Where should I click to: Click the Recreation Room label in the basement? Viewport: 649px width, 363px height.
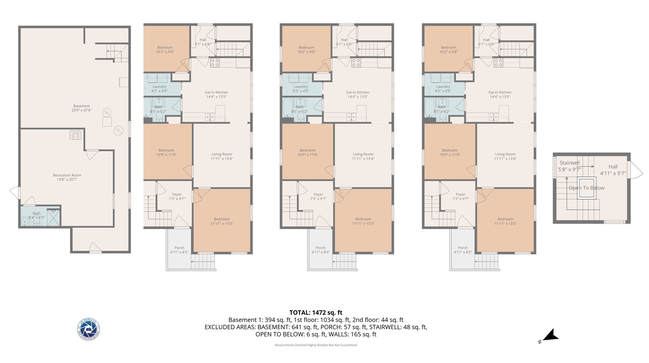[x=67, y=177]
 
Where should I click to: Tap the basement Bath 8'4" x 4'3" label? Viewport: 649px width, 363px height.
[x=36, y=215]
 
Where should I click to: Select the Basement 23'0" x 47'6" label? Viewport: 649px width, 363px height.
[x=81, y=108]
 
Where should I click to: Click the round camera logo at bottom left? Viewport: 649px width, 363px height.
[x=89, y=329]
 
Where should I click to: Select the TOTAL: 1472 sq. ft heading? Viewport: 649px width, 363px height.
[x=316, y=313]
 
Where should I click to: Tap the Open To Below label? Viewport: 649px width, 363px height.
[x=586, y=188]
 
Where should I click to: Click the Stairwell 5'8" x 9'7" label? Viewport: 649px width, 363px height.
[x=569, y=166]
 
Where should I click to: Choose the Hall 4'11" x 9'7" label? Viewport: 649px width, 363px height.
[x=613, y=170]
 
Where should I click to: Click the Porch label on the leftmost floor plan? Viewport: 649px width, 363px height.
[x=179, y=250]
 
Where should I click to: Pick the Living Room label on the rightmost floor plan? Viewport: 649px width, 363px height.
[x=505, y=156]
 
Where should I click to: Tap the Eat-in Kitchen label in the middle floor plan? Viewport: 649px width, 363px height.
[x=357, y=94]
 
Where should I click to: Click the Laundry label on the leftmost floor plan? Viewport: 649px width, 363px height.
[x=159, y=89]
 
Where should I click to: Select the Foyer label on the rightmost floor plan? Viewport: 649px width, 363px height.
[x=460, y=196]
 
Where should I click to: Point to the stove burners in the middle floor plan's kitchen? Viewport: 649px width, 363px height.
[x=356, y=62]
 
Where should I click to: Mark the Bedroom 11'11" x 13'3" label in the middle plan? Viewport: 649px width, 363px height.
[x=363, y=221]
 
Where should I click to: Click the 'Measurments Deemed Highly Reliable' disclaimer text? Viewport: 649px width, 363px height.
[x=316, y=345]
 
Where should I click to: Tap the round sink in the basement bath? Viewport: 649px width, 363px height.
[x=25, y=221]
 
